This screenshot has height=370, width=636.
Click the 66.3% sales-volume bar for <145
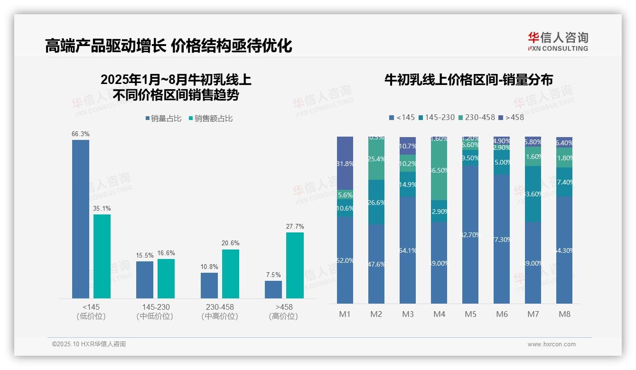point(80,219)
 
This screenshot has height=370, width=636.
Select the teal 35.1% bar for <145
point(102,256)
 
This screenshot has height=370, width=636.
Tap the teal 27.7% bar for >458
point(295,265)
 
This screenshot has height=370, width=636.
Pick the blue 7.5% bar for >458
point(273,289)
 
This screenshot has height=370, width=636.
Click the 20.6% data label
point(230,243)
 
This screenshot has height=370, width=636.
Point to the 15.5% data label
point(145,255)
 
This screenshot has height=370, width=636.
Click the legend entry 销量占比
point(163,119)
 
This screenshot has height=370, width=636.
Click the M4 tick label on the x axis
point(440,314)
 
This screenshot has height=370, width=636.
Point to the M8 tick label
point(564,314)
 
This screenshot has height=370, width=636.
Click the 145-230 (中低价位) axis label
point(155,312)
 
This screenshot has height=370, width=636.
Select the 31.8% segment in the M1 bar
point(345,163)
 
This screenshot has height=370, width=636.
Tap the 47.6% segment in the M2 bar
point(376,264)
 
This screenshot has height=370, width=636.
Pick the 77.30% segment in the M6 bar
point(502,239)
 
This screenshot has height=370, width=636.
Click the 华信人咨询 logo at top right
point(558,41)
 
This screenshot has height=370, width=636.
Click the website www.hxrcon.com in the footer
point(552,344)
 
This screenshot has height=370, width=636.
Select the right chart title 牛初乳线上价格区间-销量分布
point(468,80)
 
